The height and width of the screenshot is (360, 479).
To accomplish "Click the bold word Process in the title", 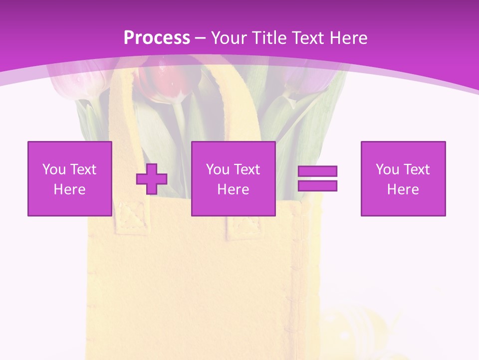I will click(x=157, y=38).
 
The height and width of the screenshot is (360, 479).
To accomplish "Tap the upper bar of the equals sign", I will click(x=317, y=171).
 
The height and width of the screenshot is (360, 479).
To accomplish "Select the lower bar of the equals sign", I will click(x=317, y=186).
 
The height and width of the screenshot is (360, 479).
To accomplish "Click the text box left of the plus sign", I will click(x=69, y=178).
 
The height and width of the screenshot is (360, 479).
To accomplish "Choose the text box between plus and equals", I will click(x=233, y=178).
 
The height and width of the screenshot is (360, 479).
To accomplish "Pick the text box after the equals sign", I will click(x=403, y=178).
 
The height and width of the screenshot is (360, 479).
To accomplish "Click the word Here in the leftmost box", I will click(x=69, y=189).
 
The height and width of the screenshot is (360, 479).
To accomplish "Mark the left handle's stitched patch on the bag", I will click(x=131, y=217).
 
